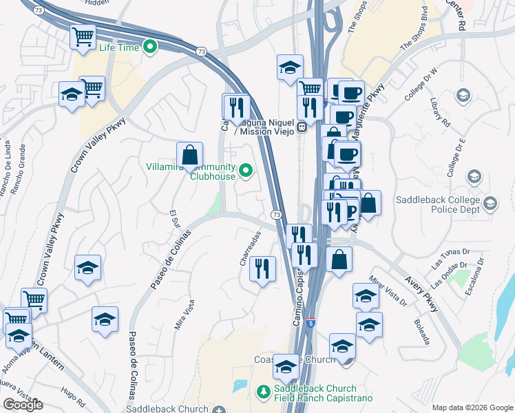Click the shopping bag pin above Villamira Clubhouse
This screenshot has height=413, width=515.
pos(189,154)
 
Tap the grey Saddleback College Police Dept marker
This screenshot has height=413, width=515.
pos(490,203)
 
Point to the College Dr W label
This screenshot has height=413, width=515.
pos(421,85)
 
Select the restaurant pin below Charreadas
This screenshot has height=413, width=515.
pos(262,268)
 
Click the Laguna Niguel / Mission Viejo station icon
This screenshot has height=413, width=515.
pos(302,127)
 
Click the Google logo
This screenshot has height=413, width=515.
pos(23,405)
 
